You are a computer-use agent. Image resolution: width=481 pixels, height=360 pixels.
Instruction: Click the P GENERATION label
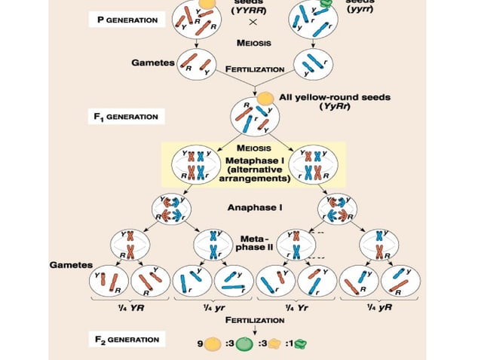[127, 20]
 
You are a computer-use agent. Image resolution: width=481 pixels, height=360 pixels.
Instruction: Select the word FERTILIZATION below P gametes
[255, 69]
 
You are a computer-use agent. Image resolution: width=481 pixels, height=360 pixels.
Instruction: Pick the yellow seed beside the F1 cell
[265, 97]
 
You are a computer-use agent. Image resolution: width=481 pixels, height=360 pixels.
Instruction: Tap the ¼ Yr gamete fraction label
[295, 307]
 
